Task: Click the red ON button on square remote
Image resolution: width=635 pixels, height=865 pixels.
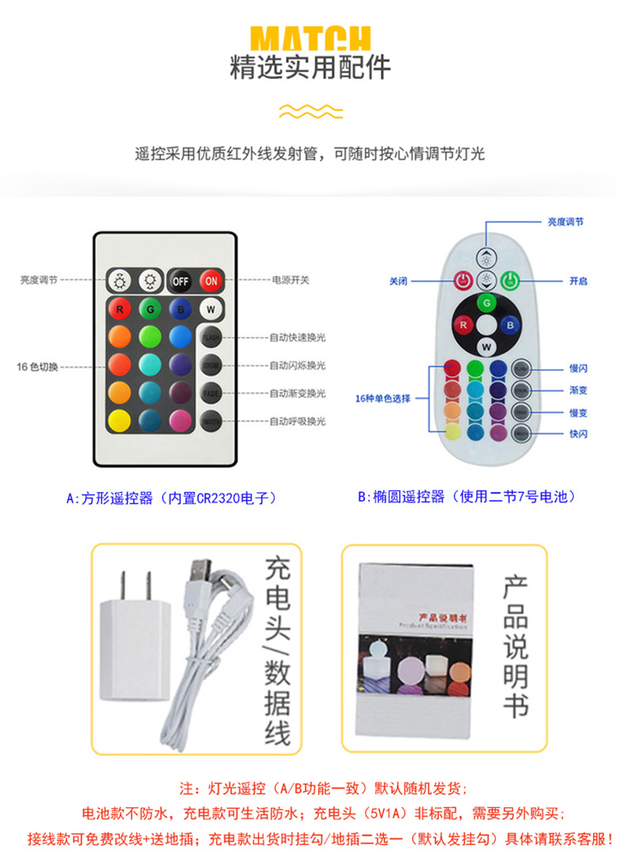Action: (x=211, y=280)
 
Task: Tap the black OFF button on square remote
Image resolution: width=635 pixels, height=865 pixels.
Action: (x=181, y=280)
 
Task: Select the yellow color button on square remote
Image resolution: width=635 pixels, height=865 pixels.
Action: (x=119, y=420)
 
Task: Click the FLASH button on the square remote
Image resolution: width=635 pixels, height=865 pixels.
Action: (x=210, y=337)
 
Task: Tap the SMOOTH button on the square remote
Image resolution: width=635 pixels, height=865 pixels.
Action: (x=210, y=420)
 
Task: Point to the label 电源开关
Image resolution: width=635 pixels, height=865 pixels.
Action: (x=291, y=280)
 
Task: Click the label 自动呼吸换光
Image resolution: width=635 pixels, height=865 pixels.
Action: (x=298, y=421)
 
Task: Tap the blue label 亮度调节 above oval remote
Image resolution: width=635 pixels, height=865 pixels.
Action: (x=565, y=222)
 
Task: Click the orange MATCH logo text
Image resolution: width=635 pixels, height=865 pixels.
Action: (x=310, y=38)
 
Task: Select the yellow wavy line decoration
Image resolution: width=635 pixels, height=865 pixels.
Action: (x=310, y=110)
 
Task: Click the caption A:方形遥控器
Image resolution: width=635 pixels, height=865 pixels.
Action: (x=171, y=498)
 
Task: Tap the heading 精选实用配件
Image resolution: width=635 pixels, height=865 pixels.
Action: (x=310, y=68)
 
